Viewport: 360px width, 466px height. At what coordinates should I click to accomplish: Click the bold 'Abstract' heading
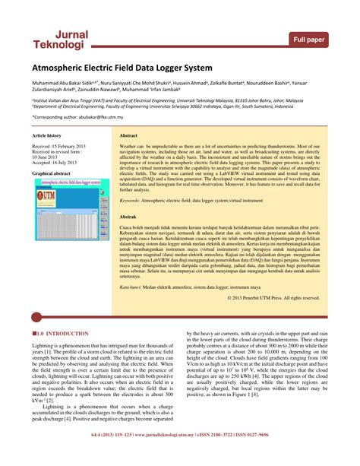click(x=129, y=135)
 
